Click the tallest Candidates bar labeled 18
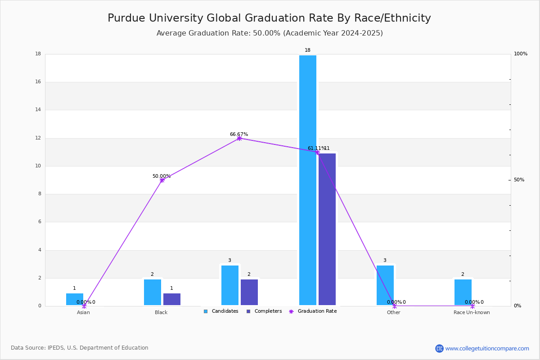(308, 180)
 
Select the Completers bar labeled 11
(327, 229)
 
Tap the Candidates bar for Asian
(75, 299)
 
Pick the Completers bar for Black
(172, 299)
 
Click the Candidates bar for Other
(385, 285)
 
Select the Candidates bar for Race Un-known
(463, 292)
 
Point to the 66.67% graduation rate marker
(239, 138)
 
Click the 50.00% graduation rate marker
(162, 180)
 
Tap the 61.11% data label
(316, 148)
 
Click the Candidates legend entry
(221, 311)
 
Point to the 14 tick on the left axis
(38, 110)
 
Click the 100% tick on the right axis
(521, 54)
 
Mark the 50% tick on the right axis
(519, 180)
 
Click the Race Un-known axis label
(472, 312)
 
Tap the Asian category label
(83, 312)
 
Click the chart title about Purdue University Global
(269, 18)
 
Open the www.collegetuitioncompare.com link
(487, 348)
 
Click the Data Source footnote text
(80, 348)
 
